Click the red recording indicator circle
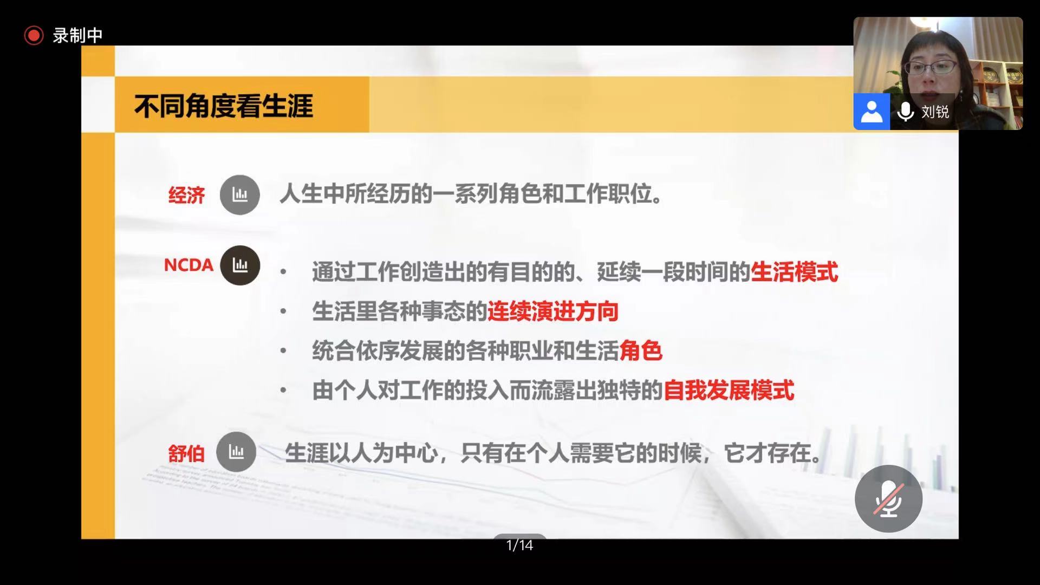(34, 35)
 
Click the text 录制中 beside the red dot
(77, 35)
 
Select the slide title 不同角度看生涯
(224, 106)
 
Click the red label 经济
(186, 195)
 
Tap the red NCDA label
(188, 265)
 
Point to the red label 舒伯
(186, 453)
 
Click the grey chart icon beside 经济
(239, 194)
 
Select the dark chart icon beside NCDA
(240, 265)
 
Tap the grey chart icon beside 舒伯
(236, 451)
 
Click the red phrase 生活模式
(794, 272)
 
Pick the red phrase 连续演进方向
(553, 311)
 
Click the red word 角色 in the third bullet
(641, 351)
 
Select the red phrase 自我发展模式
(729, 391)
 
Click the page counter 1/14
(519, 545)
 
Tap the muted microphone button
(888, 498)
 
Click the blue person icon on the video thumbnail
(872, 112)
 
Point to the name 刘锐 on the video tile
(935, 112)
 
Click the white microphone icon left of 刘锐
(906, 112)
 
